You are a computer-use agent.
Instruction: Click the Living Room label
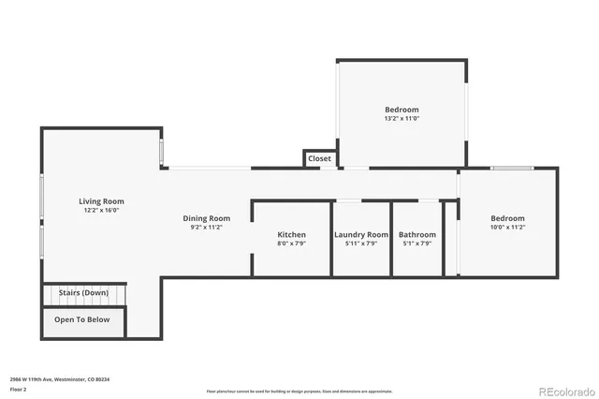(101, 201)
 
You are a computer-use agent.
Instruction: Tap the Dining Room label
(206, 218)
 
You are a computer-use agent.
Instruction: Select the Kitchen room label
(291, 234)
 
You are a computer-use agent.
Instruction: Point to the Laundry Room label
(360, 234)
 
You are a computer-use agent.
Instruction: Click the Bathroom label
(416, 234)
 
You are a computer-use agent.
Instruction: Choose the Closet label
(319, 159)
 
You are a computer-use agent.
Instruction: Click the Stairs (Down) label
(82, 293)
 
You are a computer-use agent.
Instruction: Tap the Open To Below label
(82, 319)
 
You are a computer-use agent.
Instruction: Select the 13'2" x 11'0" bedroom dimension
(401, 119)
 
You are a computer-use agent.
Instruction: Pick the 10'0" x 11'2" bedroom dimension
(507, 227)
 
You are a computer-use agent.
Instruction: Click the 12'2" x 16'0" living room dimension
(101, 211)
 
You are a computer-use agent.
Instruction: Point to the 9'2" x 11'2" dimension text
(206, 227)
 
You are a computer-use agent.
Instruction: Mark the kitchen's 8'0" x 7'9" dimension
(291, 244)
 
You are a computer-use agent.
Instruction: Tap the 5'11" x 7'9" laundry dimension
(360, 244)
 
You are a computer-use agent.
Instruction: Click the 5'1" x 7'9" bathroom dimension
(416, 244)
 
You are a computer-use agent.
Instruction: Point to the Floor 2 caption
(18, 388)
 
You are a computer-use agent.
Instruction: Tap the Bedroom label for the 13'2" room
(401, 110)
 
